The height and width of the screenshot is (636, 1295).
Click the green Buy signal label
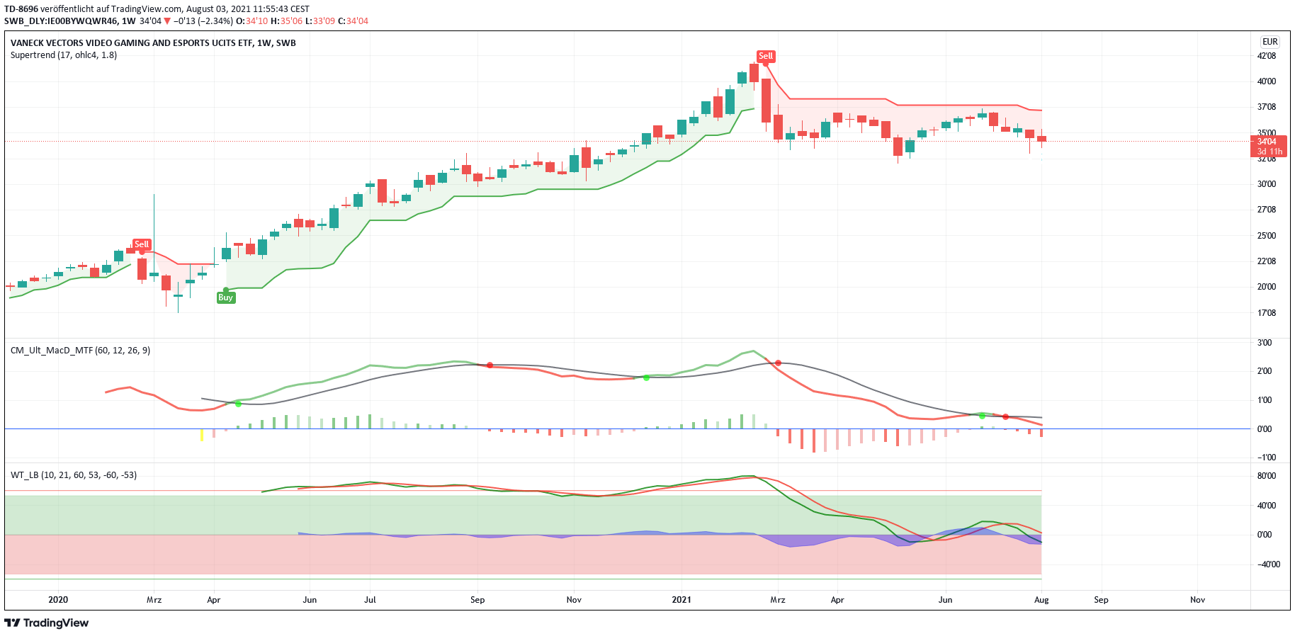(225, 297)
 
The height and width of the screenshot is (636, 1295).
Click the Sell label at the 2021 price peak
(766, 56)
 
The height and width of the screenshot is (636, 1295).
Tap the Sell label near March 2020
(142, 244)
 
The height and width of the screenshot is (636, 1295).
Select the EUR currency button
(1269, 42)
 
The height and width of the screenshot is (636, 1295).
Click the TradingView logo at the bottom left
(47, 623)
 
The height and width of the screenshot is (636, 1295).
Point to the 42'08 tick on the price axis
(1266, 56)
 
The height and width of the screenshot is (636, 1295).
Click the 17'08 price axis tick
(1266, 313)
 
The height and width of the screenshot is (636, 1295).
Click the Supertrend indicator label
(64, 55)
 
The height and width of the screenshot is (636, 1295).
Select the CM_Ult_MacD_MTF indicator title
(80, 351)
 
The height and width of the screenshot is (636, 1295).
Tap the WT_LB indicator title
(74, 475)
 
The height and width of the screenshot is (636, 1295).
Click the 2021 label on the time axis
(682, 600)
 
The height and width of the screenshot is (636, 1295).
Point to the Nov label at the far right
(1197, 600)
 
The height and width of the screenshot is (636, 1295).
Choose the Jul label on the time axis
(370, 600)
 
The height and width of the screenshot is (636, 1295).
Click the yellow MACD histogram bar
(202, 434)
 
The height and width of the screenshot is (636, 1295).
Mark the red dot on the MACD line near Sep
(490, 365)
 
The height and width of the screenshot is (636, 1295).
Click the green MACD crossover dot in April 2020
(238, 404)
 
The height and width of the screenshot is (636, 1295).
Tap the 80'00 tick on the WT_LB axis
(1266, 476)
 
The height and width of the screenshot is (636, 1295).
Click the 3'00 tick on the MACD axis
(1265, 343)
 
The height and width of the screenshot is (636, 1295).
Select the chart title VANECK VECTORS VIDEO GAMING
(153, 43)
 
